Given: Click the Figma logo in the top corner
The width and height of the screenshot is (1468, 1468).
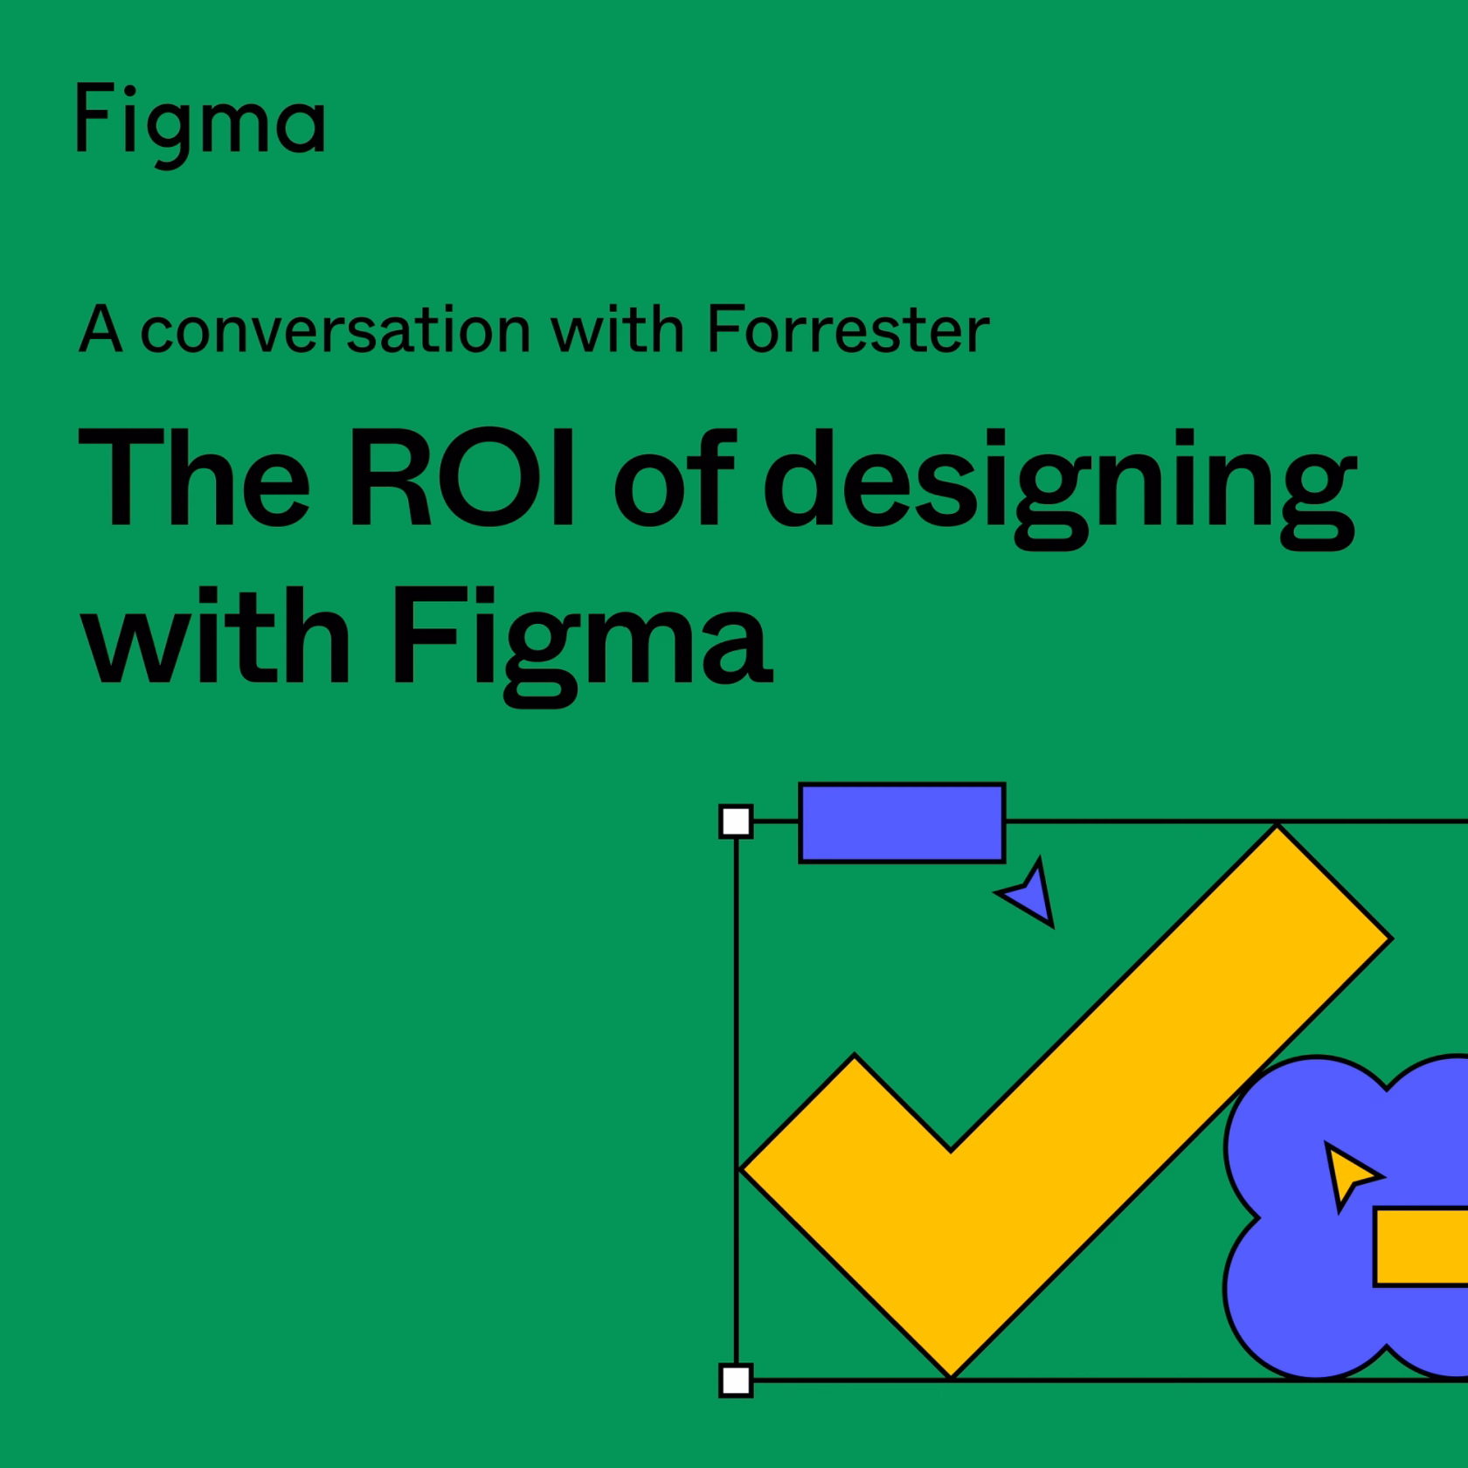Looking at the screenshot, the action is tap(201, 123).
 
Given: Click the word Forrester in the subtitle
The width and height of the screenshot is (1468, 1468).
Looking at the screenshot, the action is tap(848, 329).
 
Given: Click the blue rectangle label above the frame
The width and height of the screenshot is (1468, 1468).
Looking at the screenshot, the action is tap(902, 822).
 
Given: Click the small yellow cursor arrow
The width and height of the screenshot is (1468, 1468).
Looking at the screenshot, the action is tap(1349, 1174).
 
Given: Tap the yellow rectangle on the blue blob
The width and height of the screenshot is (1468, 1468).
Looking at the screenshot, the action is tap(1421, 1247).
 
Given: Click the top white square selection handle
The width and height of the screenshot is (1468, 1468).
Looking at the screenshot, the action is tap(736, 821).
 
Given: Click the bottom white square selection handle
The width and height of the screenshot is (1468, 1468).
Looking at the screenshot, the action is tap(736, 1380).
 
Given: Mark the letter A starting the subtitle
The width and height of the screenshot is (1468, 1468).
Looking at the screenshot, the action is tap(100, 329).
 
